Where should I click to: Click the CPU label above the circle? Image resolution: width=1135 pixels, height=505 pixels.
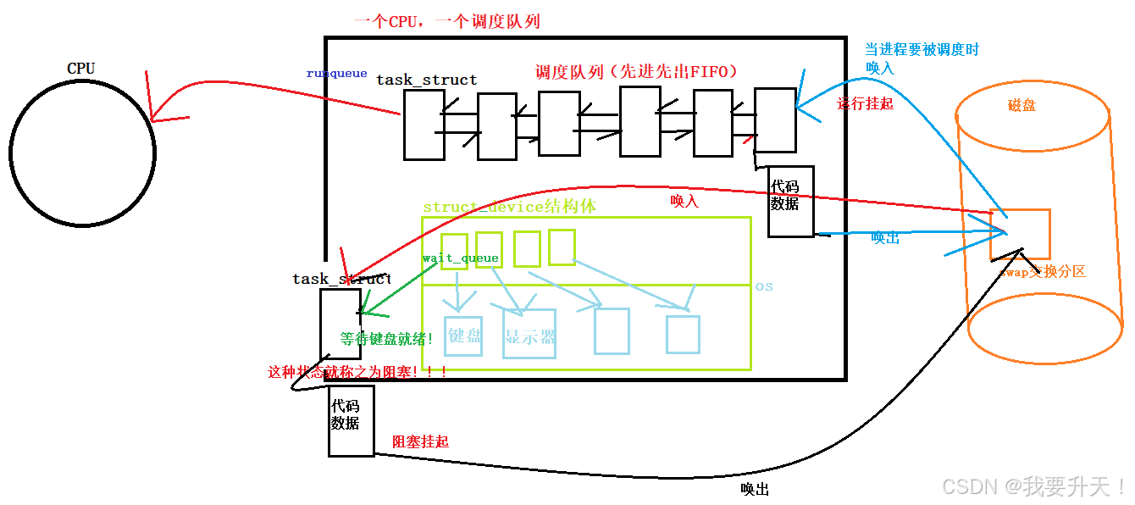tap(80, 68)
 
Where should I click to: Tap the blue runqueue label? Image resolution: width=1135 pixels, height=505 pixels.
tap(336, 74)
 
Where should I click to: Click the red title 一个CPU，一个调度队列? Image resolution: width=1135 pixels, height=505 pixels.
tap(446, 21)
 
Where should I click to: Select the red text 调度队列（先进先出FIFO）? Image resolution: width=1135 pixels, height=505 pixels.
tap(636, 72)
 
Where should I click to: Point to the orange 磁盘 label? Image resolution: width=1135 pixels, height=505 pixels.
tap(1021, 106)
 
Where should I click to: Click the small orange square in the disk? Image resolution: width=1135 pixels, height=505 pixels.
tap(1020, 234)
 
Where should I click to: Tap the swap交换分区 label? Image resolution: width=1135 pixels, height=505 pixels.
tap(1042, 272)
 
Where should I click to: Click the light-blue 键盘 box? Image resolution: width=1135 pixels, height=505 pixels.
tap(464, 336)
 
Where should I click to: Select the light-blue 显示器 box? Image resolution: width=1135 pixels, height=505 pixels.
tap(529, 336)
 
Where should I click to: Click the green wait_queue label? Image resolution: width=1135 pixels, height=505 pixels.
tap(460, 258)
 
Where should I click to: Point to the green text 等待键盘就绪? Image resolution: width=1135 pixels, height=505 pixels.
tap(387, 339)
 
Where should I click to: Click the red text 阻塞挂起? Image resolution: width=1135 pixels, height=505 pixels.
tap(420, 441)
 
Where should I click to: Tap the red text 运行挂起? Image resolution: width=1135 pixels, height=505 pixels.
tap(865, 104)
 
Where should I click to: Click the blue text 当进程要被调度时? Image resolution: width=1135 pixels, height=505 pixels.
tap(921, 50)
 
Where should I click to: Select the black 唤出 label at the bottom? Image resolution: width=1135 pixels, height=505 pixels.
tap(755, 489)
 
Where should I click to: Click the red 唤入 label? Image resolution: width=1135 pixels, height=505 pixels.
tap(684, 201)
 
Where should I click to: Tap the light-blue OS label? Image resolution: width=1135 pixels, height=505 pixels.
tap(764, 286)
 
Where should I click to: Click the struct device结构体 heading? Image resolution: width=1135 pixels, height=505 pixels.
tap(509, 207)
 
